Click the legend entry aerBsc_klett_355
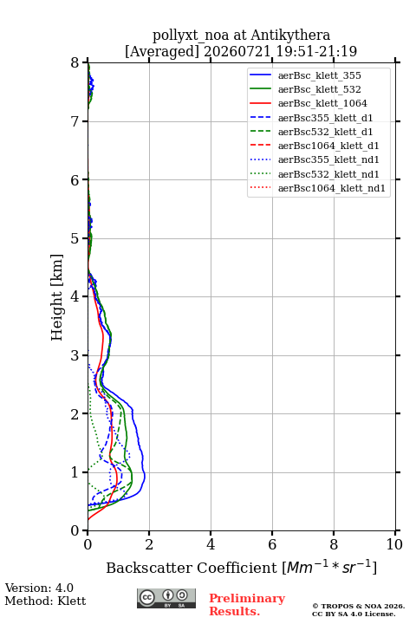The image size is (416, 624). [319, 75]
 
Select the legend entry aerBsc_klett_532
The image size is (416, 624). [319, 89]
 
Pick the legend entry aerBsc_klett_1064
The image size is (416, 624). [322, 103]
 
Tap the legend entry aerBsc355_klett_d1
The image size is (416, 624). [325, 118]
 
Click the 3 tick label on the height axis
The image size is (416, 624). [75, 355]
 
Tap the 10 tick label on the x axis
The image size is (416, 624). [394, 544]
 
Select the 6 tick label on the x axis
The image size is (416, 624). [272, 544]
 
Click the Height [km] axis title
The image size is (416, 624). [57, 297]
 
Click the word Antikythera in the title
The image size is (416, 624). [290, 35]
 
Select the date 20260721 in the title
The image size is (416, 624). [237, 51]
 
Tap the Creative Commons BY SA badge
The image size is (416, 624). [166, 598]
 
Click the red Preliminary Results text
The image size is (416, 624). [247, 605]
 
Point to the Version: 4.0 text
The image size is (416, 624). [39, 588]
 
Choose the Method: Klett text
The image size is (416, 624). [45, 601]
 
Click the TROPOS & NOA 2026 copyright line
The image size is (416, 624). [358, 606]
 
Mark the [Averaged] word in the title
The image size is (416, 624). [161, 51]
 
